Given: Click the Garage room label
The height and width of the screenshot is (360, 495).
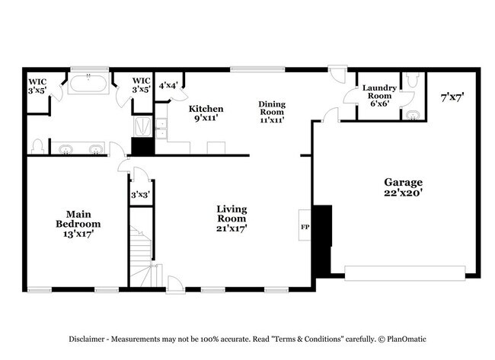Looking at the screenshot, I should point(403,183).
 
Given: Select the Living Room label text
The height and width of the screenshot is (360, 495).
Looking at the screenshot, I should point(231,213).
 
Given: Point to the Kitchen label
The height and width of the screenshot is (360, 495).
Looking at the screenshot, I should point(206,108).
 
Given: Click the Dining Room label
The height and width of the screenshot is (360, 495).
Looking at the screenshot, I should point(272,108).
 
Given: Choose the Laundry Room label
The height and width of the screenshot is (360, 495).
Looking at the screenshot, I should point(378,92).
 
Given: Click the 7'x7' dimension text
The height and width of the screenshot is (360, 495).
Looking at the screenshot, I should point(452,97).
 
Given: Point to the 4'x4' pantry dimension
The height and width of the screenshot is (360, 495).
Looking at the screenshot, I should point(167,84).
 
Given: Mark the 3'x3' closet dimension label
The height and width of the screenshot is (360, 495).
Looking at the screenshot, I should point(139,195).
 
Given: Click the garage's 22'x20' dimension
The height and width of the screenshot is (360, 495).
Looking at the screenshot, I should point(403,193).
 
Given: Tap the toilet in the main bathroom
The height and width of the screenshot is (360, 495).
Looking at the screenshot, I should point(37,145).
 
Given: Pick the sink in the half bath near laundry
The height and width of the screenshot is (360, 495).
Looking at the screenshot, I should point(412,116).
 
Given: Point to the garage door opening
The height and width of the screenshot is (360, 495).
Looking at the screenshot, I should point(404,272).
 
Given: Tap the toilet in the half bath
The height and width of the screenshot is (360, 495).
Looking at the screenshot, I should point(412,79).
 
